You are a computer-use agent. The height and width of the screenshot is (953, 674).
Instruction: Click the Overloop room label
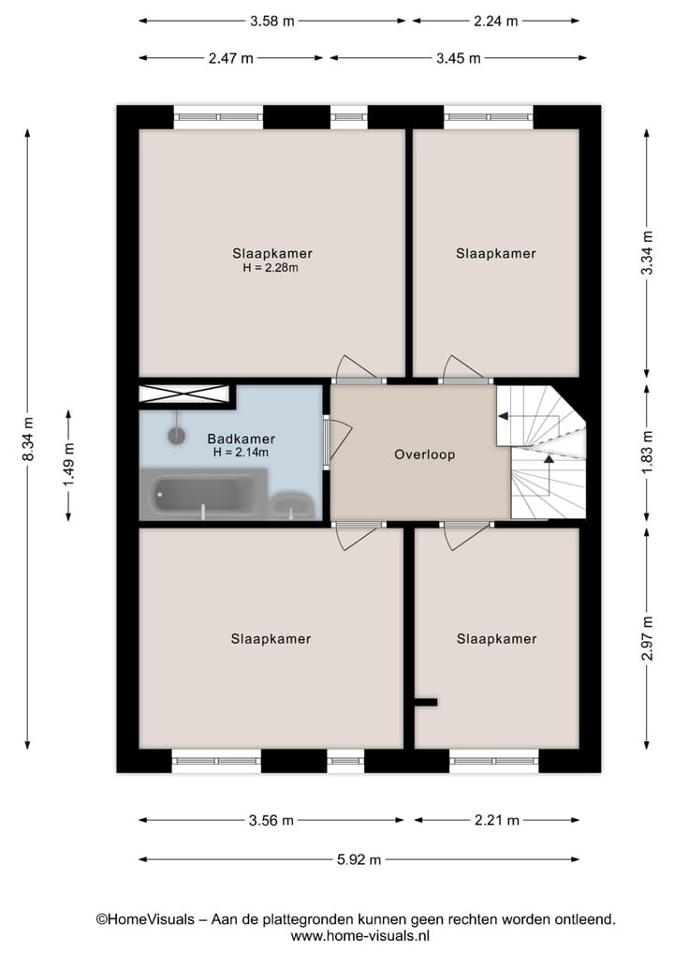(x=424, y=454)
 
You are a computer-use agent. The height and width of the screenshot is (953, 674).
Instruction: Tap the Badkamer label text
(x=242, y=439)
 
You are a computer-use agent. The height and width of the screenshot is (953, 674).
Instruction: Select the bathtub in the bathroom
(x=202, y=496)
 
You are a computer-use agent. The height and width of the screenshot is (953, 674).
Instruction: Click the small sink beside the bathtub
(x=292, y=504)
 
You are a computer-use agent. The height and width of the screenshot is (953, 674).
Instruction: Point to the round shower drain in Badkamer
(x=177, y=434)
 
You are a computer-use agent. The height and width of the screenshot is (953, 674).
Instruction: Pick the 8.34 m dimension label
(x=28, y=439)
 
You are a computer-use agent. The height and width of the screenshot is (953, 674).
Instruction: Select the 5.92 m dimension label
(x=359, y=859)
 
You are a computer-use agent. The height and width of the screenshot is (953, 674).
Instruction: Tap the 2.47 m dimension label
(x=231, y=57)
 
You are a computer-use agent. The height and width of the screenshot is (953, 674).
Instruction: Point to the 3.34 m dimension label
(x=646, y=253)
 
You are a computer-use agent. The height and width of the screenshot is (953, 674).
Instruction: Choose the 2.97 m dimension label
(x=646, y=638)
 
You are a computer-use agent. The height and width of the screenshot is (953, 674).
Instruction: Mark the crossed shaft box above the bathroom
(x=183, y=395)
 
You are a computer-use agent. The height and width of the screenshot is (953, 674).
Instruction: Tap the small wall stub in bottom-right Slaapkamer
(x=425, y=701)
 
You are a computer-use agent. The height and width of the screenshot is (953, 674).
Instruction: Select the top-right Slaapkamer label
(x=496, y=253)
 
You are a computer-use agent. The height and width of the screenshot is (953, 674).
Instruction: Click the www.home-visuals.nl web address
(x=359, y=935)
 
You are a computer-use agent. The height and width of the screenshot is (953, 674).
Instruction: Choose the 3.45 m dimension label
(x=458, y=57)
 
